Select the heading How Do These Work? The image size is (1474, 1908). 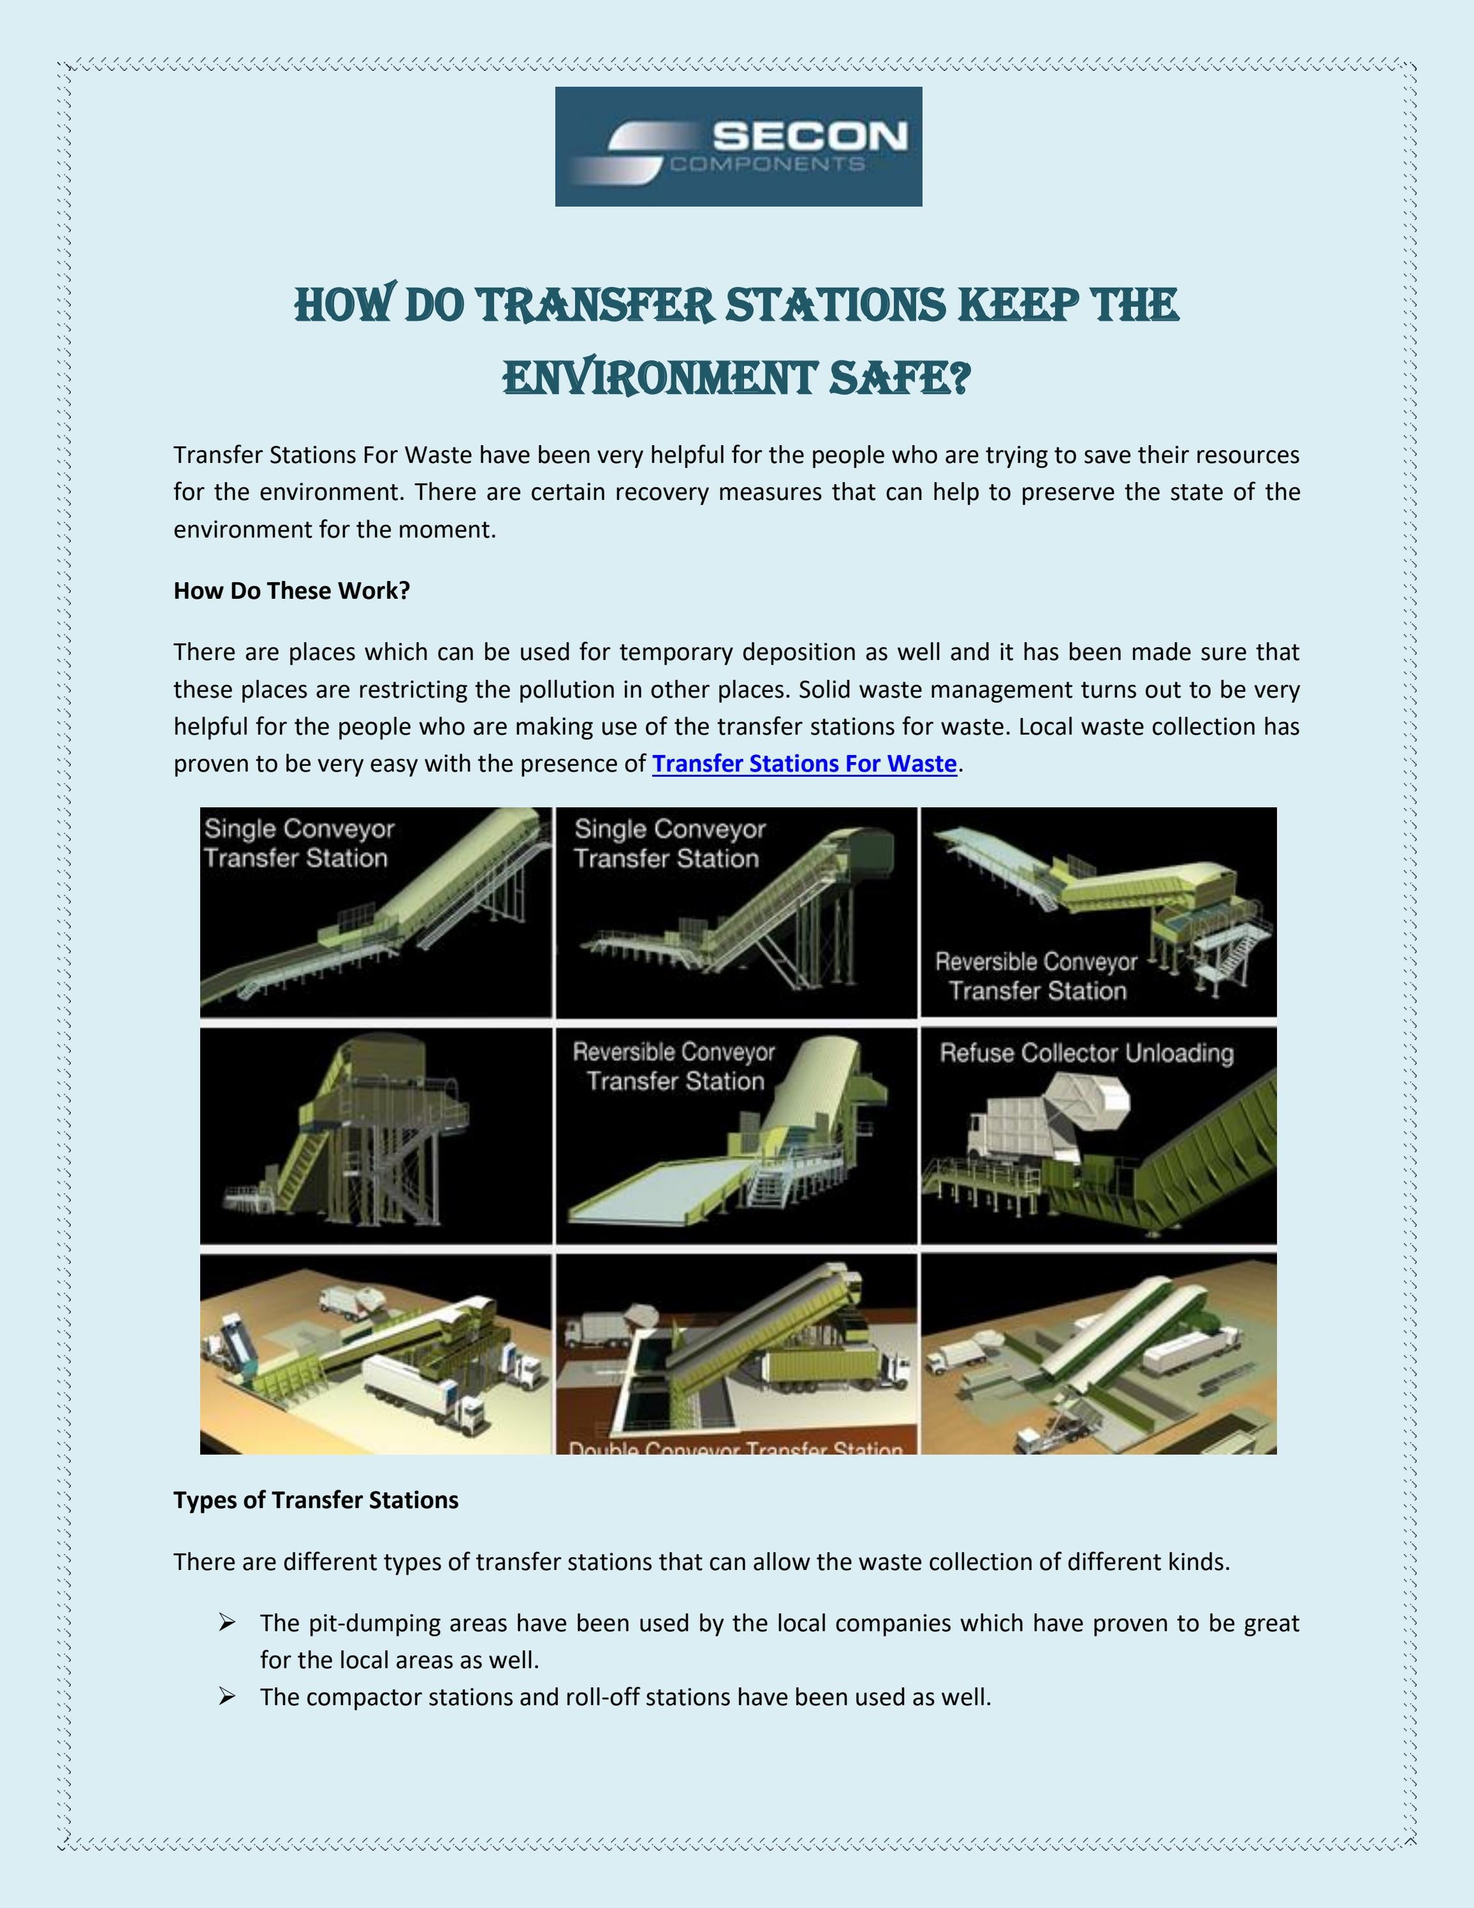click(x=291, y=591)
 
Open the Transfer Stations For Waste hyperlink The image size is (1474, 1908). click(x=804, y=763)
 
